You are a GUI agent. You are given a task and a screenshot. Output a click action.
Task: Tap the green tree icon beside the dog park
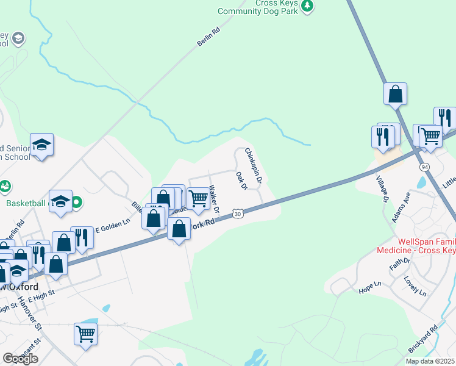click(308, 5)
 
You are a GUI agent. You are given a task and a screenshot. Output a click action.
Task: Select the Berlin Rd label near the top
click(208, 37)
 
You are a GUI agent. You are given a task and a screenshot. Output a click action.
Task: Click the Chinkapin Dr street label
click(253, 165)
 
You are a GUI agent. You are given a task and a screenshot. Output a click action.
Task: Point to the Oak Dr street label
click(241, 181)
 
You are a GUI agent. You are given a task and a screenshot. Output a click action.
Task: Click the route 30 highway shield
click(238, 213)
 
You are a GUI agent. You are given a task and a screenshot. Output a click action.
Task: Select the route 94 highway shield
click(423, 167)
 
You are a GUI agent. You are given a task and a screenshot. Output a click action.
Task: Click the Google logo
click(20, 359)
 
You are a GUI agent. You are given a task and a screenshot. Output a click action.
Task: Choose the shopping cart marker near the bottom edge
click(85, 333)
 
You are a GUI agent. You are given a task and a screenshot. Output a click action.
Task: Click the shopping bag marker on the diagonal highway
click(395, 94)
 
